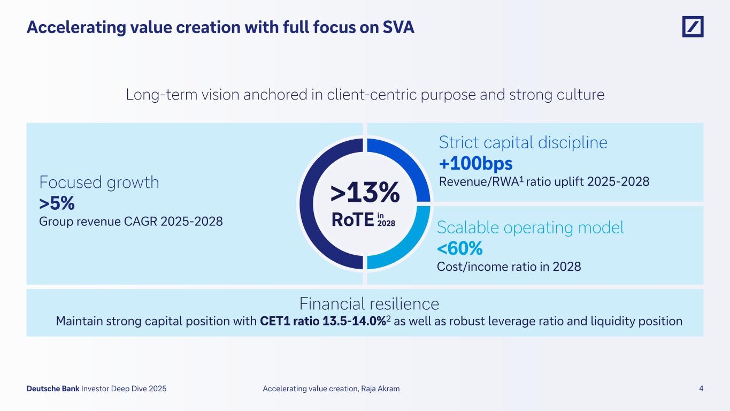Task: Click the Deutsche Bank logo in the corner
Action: coord(693,27)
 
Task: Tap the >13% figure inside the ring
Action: coord(365,193)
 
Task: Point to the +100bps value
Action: coord(475,164)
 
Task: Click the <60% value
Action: coord(460,248)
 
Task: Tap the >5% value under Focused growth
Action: coord(57,203)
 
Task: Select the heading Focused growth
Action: coord(99,182)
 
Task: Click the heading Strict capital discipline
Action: coord(523,142)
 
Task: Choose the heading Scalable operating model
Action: coord(531,227)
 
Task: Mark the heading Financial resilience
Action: coord(369,304)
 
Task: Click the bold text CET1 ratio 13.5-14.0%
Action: coord(322,322)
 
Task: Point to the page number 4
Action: coord(701,389)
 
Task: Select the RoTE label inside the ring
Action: coord(352,219)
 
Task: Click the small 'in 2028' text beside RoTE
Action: coord(386,219)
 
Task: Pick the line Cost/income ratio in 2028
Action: coord(509,267)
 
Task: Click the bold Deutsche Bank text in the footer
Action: coord(53,389)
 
